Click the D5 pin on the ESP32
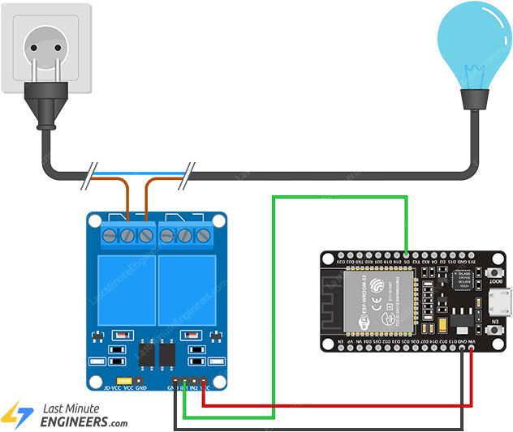pos(406,254)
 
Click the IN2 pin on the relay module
pos(194,380)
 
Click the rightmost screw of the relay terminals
pos(204,236)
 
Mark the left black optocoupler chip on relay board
pos(148,353)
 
